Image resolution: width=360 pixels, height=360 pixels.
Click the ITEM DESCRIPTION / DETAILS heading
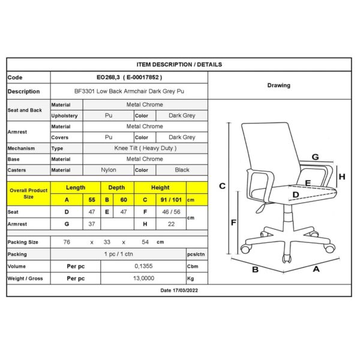(x=179, y=64)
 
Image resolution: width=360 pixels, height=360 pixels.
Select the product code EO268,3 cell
(x=129, y=77)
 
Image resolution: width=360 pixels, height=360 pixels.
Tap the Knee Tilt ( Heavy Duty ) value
(x=145, y=148)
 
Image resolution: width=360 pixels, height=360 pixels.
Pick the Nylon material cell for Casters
(x=109, y=170)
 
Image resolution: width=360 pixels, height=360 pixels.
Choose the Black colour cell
(x=182, y=170)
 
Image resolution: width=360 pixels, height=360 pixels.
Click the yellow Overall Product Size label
(x=28, y=193)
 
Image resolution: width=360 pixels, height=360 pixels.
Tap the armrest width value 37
(x=92, y=224)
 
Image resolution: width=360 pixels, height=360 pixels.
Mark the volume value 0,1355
(x=144, y=266)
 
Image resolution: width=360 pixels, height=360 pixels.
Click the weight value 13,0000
(x=144, y=278)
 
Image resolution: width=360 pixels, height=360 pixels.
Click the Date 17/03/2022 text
(x=179, y=290)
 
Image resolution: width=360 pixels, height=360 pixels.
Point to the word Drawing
(x=278, y=86)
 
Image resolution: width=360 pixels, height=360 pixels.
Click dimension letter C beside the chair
(x=221, y=186)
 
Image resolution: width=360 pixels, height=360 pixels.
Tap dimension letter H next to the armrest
(x=341, y=176)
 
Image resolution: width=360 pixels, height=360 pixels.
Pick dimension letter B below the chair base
(x=254, y=269)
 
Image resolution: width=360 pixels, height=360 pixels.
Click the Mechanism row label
(x=22, y=148)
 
